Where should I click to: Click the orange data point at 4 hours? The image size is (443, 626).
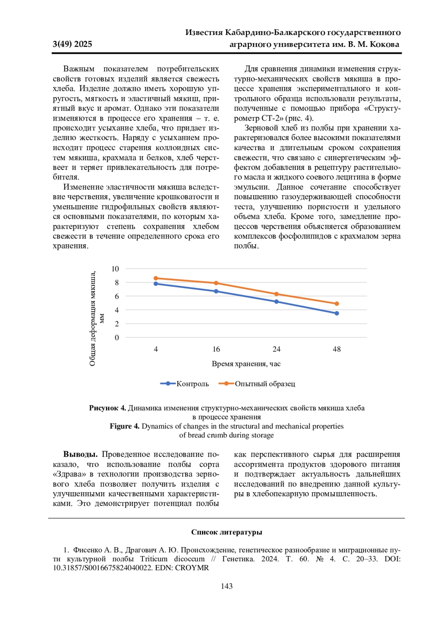[156, 278]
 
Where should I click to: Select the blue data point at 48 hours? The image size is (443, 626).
[337, 313]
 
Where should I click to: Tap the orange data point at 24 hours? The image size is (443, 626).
[277, 294]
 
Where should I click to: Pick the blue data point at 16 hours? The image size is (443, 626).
[216, 291]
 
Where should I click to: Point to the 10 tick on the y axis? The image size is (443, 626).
[115, 269]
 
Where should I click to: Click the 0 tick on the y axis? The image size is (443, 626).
[117, 338]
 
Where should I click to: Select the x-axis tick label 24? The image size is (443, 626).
[277, 349]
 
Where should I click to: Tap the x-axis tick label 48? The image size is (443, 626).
[337, 349]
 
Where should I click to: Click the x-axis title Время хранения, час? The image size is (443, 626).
[246, 364]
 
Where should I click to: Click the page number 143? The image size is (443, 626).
[227, 586]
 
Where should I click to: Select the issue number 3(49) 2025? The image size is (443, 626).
[72, 44]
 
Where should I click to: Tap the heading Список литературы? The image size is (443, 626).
[227, 532]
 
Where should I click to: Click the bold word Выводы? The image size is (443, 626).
[80, 454]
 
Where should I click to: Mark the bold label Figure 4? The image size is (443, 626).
[124, 426]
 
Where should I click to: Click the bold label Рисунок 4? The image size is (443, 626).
[107, 408]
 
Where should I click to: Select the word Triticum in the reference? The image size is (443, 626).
[154, 559]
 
